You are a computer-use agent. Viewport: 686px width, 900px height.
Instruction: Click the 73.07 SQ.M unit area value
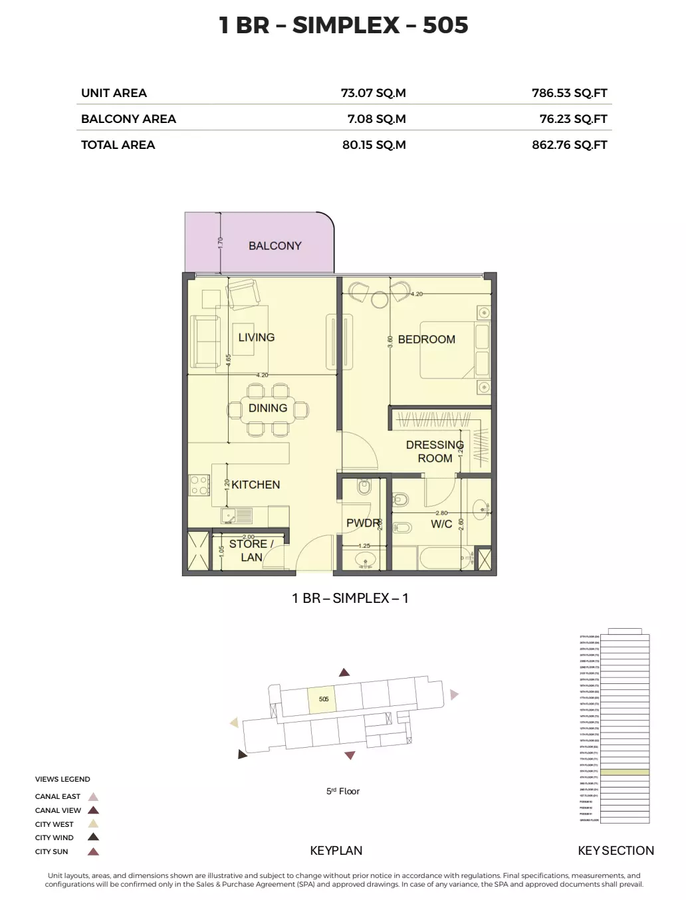click(373, 93)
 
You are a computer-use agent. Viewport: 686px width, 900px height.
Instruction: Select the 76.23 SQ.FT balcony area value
click(573, 119)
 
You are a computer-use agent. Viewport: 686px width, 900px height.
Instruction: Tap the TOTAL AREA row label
click(118, 145)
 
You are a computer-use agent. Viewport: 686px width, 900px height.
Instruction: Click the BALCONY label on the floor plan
click(275, 246)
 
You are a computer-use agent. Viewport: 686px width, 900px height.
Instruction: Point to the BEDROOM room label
click(426, 339)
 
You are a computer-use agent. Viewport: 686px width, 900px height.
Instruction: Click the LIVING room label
click(256, 337)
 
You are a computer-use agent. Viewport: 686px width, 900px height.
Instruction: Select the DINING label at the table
click(268, 408)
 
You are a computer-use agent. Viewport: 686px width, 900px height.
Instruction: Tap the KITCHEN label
click(255, 485)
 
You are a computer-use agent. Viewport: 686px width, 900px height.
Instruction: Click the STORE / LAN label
click(251, 550)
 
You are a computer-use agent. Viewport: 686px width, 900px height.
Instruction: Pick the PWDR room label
click(362, 523)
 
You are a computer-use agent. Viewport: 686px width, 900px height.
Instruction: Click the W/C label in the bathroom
click(441, 524)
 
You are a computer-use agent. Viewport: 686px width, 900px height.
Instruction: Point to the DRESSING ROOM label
click(435, 451)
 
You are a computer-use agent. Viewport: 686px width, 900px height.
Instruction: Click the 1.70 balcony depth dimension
click(221, 243)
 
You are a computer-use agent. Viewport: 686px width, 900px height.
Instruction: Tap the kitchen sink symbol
click(237, 514)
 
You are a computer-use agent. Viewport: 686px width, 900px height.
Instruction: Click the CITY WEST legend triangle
click(94, 824)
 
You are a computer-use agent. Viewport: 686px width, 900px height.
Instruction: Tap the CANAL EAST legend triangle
click(94, 796)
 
